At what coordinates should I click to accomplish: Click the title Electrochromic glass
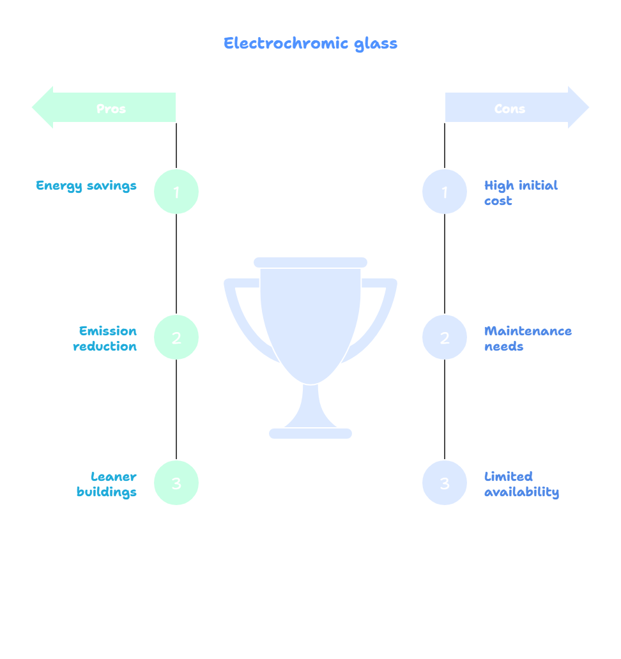310,43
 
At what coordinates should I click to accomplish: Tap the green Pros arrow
104,108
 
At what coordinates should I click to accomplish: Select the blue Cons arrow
516,108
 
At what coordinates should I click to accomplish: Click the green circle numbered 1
176,192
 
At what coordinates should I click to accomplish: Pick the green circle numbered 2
176,337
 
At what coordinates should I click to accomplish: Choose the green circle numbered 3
176,483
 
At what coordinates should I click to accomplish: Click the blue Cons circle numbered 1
445,192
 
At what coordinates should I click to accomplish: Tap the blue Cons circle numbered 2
445,337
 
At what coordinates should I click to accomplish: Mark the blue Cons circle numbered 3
445,483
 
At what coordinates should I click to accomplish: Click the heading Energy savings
86,186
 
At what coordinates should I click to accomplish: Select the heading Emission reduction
105,338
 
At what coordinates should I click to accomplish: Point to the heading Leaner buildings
107,484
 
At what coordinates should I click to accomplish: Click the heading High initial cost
520,193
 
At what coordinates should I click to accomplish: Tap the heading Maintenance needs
527,338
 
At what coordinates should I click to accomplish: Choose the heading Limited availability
521,484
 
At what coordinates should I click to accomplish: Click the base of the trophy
310,434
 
